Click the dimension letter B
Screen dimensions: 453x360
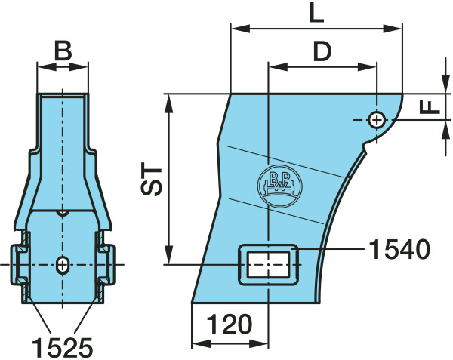[x=63, y=51]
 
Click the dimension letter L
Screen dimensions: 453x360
[x=316, y=13]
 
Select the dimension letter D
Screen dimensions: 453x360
[x=322, y=51]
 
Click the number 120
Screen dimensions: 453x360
[x=230, y=325]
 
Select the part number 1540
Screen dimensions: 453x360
[x=400, y=249]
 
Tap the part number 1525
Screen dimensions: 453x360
[x=63, y=348]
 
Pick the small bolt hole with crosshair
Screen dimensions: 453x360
[x=376, y=120]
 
